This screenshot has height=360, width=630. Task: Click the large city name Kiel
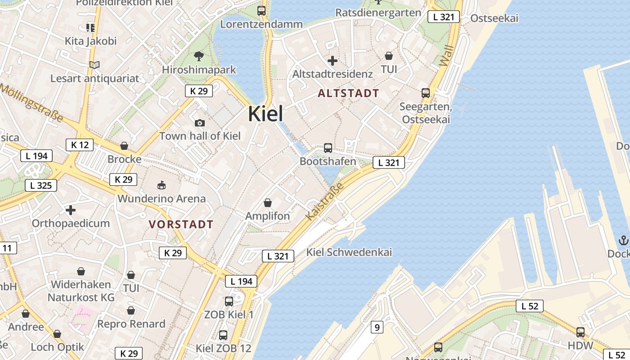click(x=265, y=114)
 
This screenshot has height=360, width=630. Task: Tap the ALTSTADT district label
click(x=348, y=94)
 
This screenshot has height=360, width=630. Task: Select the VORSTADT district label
click(x=181, y=224)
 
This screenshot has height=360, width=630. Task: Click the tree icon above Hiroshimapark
click(x=199, y=56)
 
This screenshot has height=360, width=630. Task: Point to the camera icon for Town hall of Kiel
click(x=200, y=123)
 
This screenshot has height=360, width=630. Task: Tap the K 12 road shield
click(x=80, y=145)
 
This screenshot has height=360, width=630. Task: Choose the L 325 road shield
click(x=41, y=185)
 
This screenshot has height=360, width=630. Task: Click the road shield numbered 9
click(x=377, y=327)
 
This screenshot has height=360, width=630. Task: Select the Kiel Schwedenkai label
click(x=349, y=252)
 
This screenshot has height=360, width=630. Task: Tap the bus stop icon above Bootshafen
click(x=328, y=148)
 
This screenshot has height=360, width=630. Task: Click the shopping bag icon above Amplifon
click(x=268, y=203)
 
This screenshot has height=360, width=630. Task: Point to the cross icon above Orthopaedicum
click(x=71, y=210)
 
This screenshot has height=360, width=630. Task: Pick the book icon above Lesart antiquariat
click(x=94, y=65)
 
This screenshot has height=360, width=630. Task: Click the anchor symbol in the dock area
click(x=624, y=240)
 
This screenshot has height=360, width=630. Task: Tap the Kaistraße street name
click(x=324, y=202)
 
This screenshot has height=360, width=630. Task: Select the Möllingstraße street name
click(x=31, y=103)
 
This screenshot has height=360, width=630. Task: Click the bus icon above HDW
click(x=580, y=333)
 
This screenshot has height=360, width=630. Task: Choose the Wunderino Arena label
click(x=162, y=198)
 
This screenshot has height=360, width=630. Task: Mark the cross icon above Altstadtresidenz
click(x=333, y=61)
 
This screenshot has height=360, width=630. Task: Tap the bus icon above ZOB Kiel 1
click(x=229, y=301)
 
